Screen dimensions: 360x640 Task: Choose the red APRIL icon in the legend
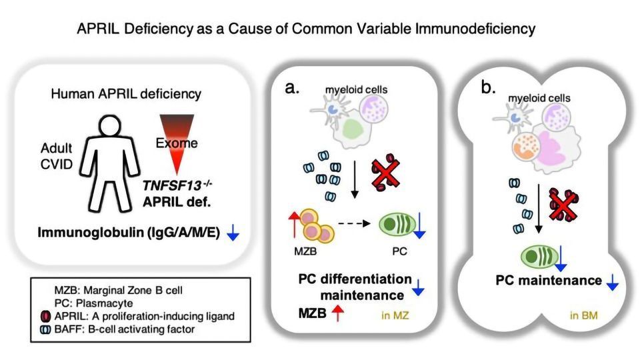point(44,314)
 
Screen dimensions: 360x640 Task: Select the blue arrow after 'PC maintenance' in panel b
point(611,283)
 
